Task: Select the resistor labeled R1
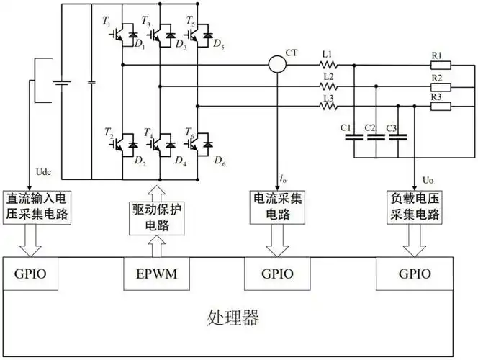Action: click(440, 65)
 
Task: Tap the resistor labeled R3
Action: click(440, 107)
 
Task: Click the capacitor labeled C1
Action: click(353, 139)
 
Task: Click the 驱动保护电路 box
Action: click(155, 218)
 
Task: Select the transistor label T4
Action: click(148, 132)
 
